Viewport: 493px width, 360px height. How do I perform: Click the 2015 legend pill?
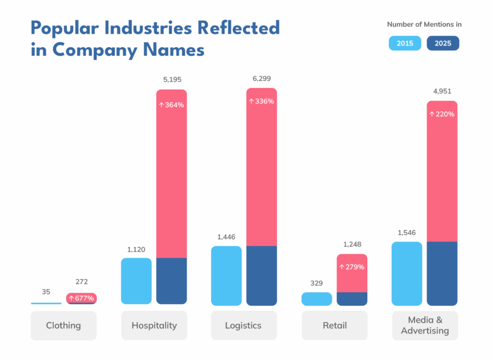[x=405, y=43]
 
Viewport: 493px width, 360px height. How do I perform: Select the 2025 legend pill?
[x=443, y=43]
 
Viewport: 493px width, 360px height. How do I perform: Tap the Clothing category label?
[x=63, y=325]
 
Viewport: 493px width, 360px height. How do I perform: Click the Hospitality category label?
[x=154, y=325]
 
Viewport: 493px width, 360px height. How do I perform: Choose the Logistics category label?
[x=243, y=325]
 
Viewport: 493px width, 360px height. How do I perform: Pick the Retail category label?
[x=334, y=325]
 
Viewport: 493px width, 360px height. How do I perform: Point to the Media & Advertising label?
[x=424, y=326]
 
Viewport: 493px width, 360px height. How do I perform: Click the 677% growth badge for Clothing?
[x=81, y=298]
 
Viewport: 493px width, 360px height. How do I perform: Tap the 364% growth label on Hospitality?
[x=171, y=105]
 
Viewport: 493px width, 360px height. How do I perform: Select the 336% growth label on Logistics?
[x=261, y=101]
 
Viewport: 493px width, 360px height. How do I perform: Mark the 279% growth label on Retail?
[x=352, y=267]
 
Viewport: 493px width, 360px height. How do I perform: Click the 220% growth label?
[x=442, y=114]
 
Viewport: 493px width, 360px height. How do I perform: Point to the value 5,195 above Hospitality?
[x=172, y=80]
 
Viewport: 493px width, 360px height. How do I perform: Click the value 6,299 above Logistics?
[x=261, y=79]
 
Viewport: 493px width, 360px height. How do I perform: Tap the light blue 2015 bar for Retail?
[x=317, y=299]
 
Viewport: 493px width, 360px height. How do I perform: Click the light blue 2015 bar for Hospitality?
[x=136, y=281]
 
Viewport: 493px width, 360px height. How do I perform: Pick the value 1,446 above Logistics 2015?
[x=226, y=237]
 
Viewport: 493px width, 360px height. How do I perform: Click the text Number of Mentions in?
[x=424, y=24]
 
